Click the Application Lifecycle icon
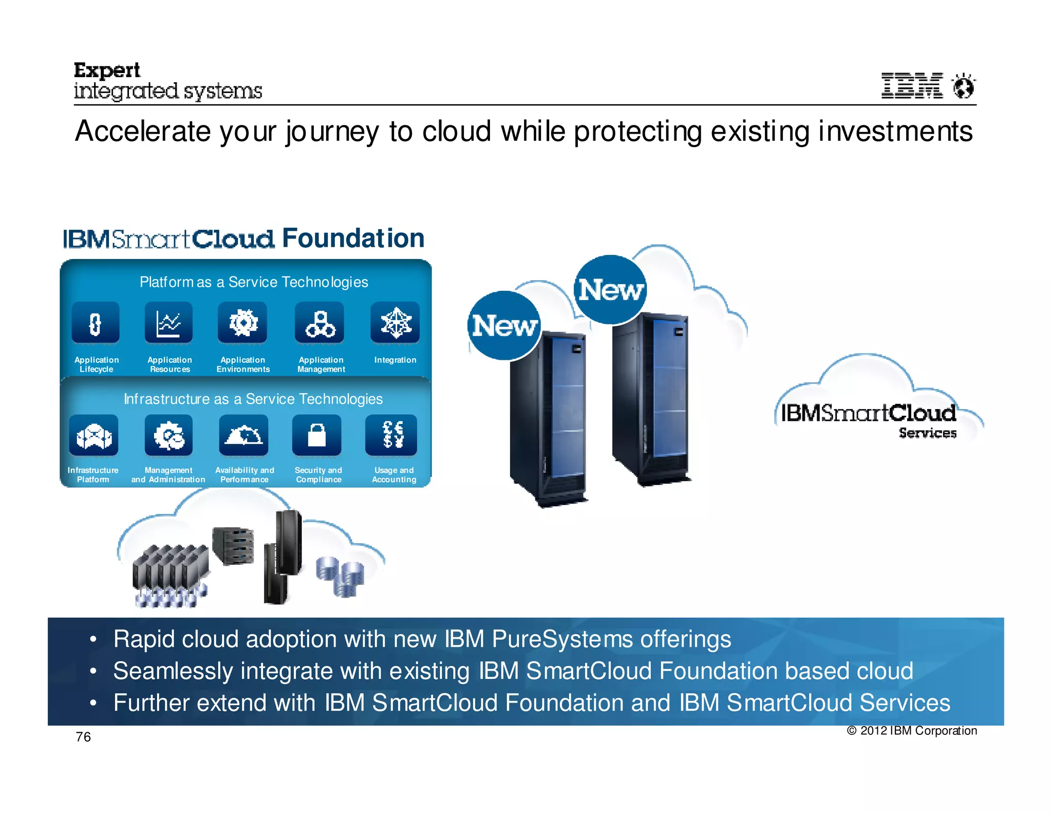pyautogui.click(x=96, y=323)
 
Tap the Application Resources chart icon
pyautogui.click(x=168, y=323)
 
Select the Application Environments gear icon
pyautogui.click(x=242, y=323)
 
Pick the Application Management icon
pyautogui.click(x=320, y=323)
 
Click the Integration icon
pyautogui.click(x=395, y=323)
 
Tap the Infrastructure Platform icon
pyautogui.click(x=93, y=436)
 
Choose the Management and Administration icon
pyautogui.click(x=168, y=436)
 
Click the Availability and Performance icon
pyautogui.click(x=243, y=436)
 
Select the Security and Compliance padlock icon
pyautogui.click(x=317, y=436)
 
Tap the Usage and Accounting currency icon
pyautogui.click(x=391, y=436)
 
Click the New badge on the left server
pyautogui.click(x=504, y=326)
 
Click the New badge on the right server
pyautogui.click(x=610, y=290)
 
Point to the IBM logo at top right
pyautogui.click(x=912, y=85)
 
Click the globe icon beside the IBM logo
pyautogui.click(x=963, y=86)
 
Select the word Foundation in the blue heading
pyautogui.click(x=353, y=238)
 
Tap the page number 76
pyautogui.click(x=83, y=737)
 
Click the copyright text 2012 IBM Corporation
pyautogui.click(x=912, y=731)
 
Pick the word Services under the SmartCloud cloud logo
pyautogui.click(x=928, y=433)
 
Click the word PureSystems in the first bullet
pyautogui.click(x=562, y=640)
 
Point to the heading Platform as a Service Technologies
pyautogui.click(x=254, y=282)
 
